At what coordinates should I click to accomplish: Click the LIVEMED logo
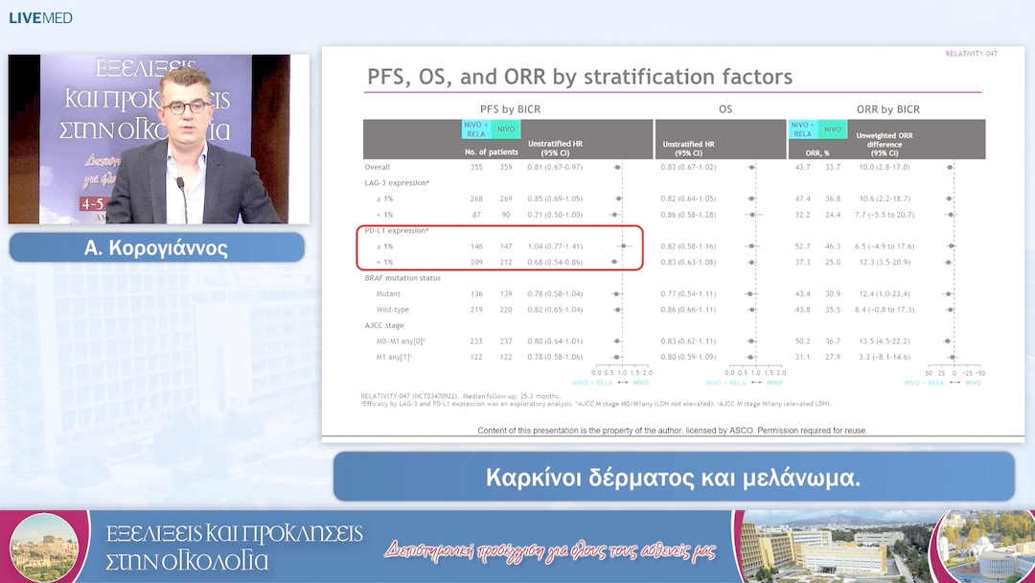[40, 18]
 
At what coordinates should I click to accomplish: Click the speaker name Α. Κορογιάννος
[156, 248]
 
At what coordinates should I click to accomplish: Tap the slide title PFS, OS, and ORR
[580, 77]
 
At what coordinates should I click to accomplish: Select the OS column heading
[725, 109]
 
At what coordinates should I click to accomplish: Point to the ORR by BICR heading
[887, 109]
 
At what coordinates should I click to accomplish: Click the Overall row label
[378, 167]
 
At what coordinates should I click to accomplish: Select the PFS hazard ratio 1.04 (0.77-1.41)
[555, 246]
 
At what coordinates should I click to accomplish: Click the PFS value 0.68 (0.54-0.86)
[555, 262]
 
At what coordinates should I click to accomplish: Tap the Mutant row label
[389, 293]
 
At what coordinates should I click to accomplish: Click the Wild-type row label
[394, 310]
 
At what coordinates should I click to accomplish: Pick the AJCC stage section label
[385, 325]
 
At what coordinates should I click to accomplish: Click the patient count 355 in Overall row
[476, 167]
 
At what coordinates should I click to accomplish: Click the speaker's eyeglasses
[187, 106]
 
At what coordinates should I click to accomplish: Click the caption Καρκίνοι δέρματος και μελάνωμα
[673, 478]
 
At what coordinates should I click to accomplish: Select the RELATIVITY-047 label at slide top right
[971, 54]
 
